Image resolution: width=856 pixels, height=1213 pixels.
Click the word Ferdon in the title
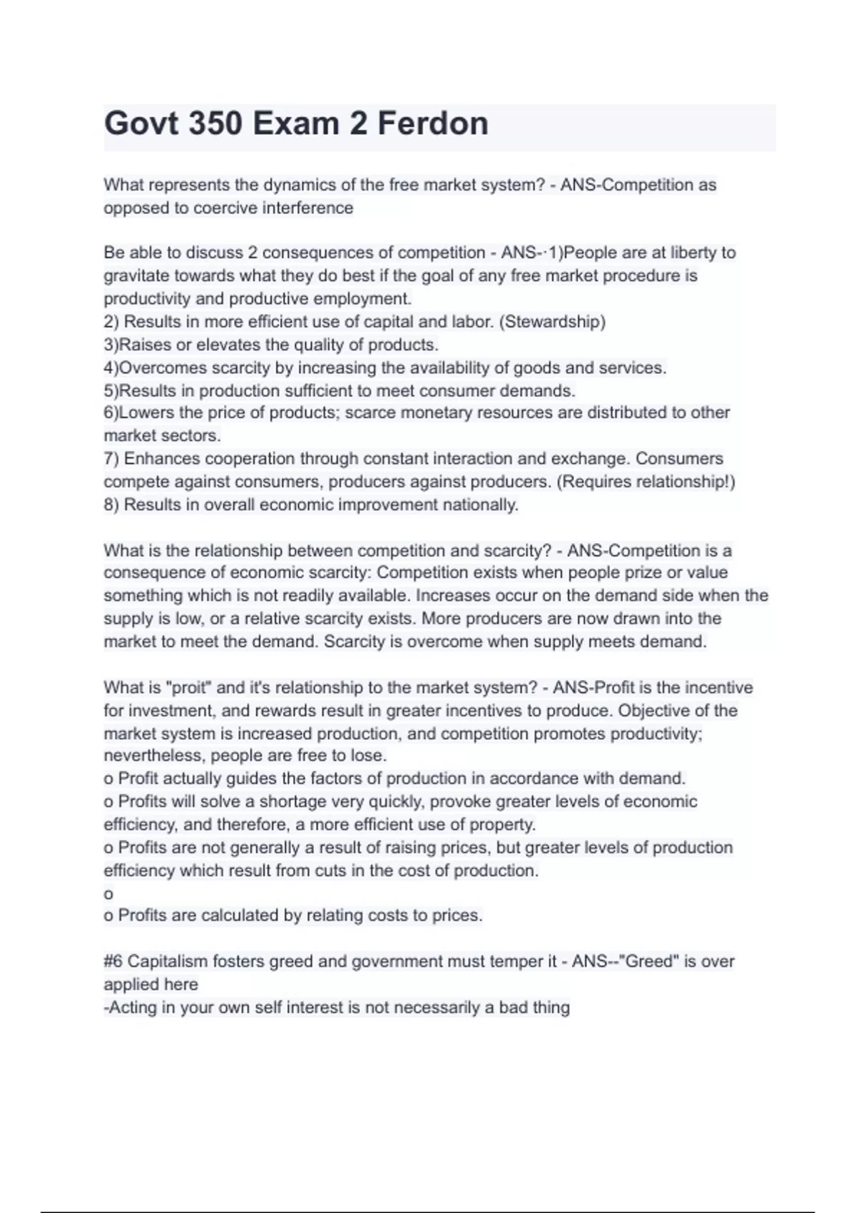pos(432,123)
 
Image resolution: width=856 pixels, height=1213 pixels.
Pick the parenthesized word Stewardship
pos(553,322)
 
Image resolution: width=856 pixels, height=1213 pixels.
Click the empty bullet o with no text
pos(108,894)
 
